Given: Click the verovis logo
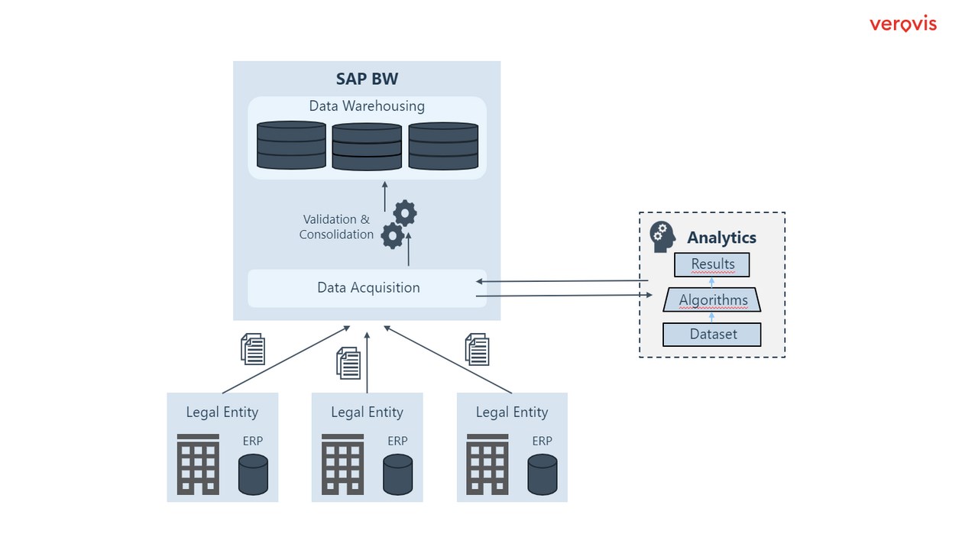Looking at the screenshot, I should pos(902,24).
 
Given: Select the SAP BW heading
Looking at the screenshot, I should pos(367,79).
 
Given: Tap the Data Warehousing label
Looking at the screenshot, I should pos(367,106).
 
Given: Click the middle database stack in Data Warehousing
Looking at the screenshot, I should pos(367,147).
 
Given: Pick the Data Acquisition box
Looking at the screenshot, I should pos(368,288).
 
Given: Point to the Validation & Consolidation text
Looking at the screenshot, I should pos(336,227).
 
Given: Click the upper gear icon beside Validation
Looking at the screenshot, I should pos(405,213).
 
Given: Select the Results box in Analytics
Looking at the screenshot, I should pos(712,264).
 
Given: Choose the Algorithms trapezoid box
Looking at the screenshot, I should pos(712,300).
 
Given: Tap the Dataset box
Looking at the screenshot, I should pos(712,334).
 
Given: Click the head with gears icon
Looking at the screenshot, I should pos(662,237).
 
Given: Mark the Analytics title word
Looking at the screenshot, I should pos(721,238).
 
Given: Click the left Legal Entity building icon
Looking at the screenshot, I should pos(198,464).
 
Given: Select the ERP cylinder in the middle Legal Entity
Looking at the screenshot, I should pos(398,474).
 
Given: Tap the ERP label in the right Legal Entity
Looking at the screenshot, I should pos(542,441).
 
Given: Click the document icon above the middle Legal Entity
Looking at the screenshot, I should pos(348,363).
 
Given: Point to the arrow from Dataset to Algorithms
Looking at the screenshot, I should pos(712,317).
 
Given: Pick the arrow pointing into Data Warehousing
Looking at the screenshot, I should pos(385,196).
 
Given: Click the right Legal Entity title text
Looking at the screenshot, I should pos(512,412).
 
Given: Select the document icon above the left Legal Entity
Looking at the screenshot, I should pos(253,348).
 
